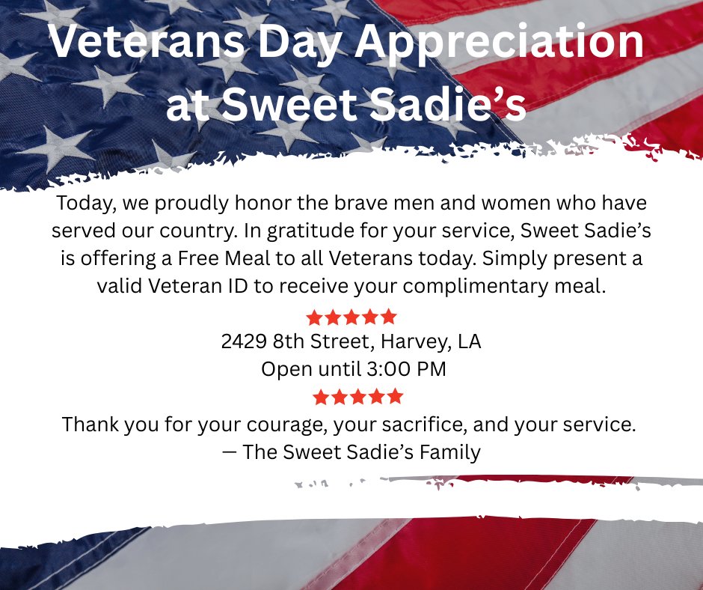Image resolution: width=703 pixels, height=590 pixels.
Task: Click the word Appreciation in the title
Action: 500,42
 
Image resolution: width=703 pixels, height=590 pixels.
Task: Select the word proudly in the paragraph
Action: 192,204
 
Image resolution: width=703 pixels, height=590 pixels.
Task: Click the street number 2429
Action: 244,341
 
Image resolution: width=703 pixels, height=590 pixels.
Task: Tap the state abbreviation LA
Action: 470,341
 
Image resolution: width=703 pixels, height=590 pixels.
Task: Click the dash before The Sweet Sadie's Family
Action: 229,451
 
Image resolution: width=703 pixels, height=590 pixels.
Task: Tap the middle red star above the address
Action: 351,317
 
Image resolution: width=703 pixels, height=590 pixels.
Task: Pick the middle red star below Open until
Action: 357,397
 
